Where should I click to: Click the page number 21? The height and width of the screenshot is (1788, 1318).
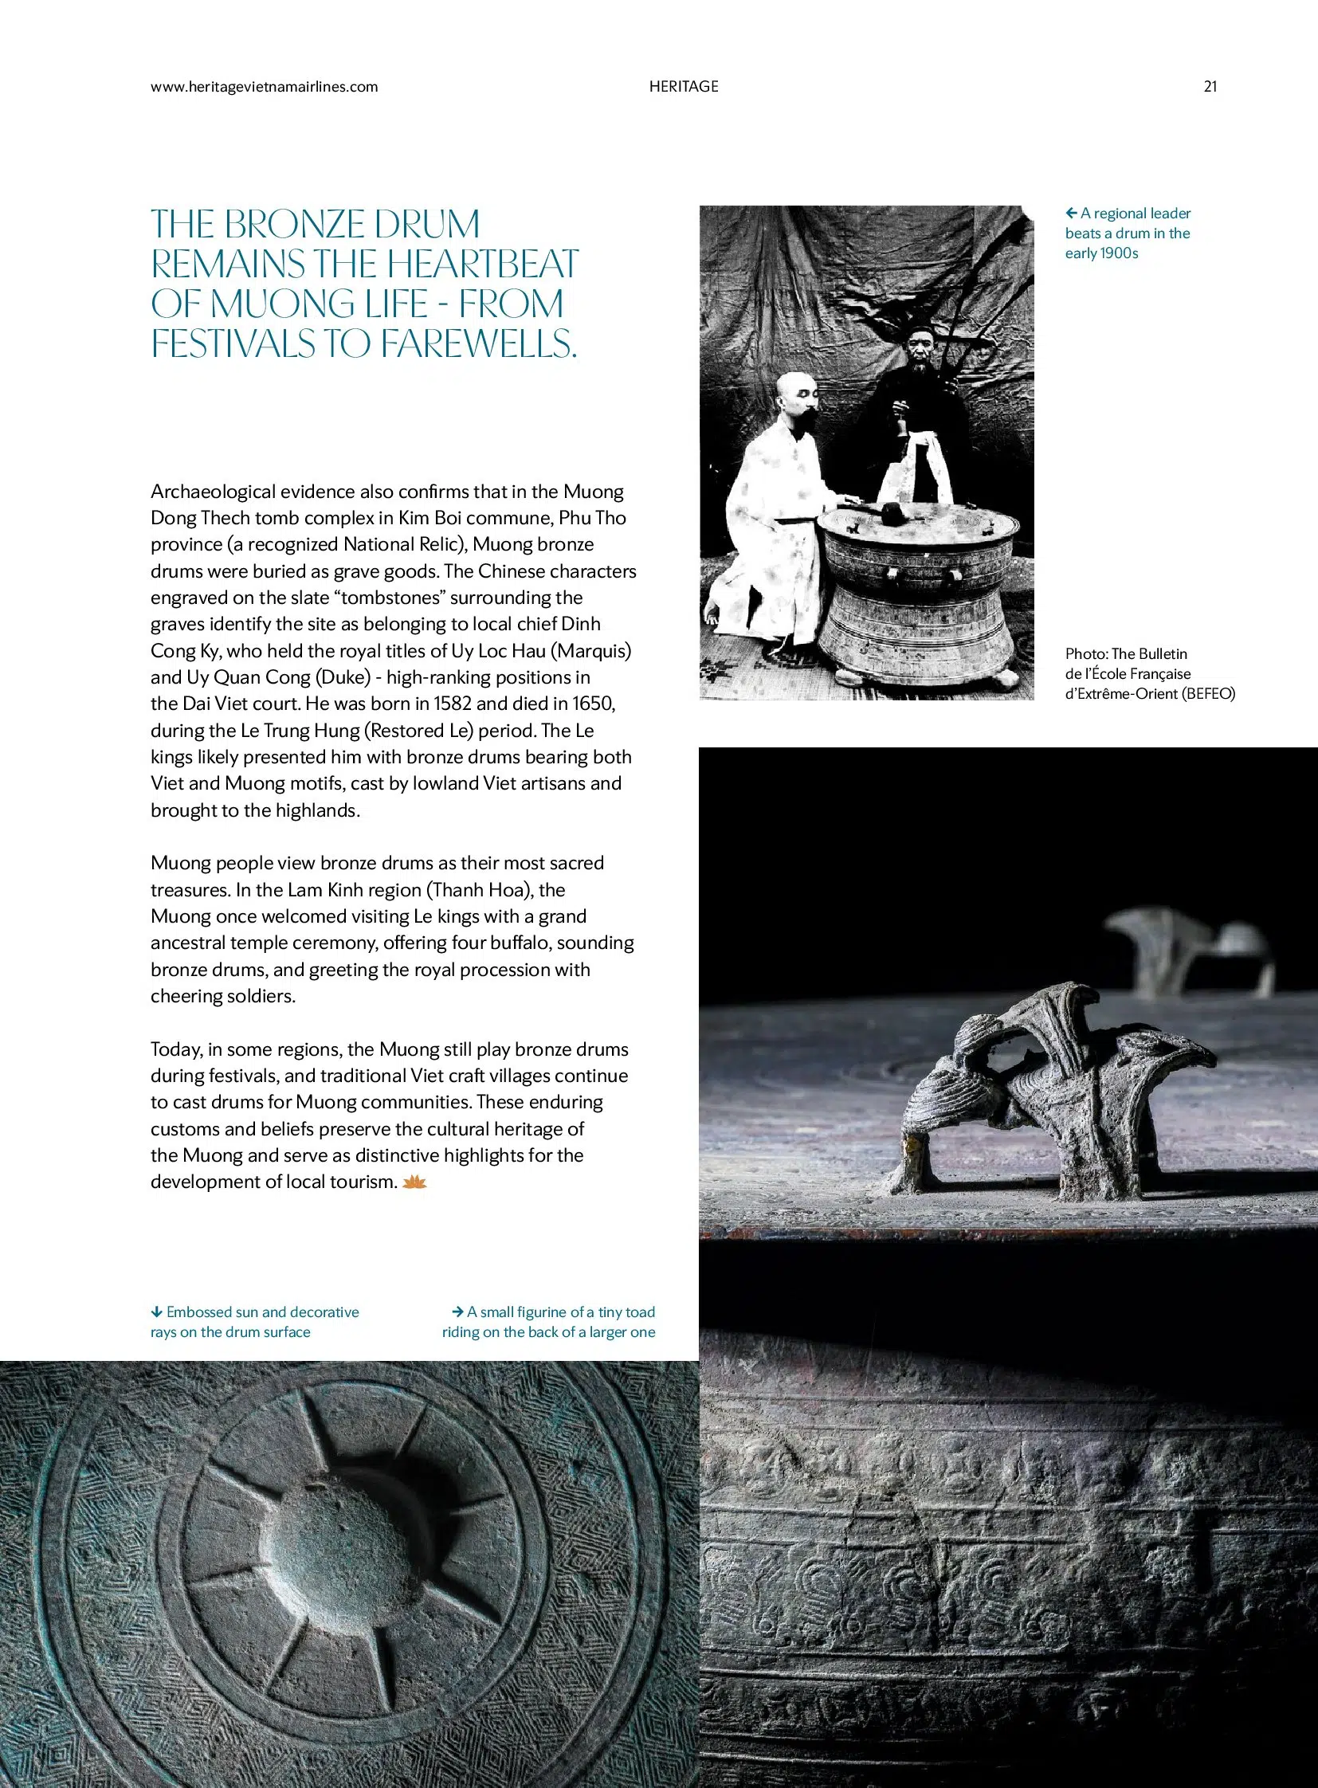(x=1210, y=87)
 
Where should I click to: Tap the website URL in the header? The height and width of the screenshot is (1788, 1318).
(x=264, y=87)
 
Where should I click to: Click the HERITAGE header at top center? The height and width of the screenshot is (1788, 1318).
(x=684, y=87)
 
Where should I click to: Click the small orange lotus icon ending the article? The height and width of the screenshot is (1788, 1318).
(x=415, y=1182)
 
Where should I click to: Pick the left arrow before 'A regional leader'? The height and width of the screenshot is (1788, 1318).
(x=1072, y=213)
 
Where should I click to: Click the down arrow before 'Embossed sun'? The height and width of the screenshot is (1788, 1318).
(x=156, y=1312)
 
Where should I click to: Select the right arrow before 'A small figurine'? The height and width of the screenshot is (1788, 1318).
(x=457, y=1312)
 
